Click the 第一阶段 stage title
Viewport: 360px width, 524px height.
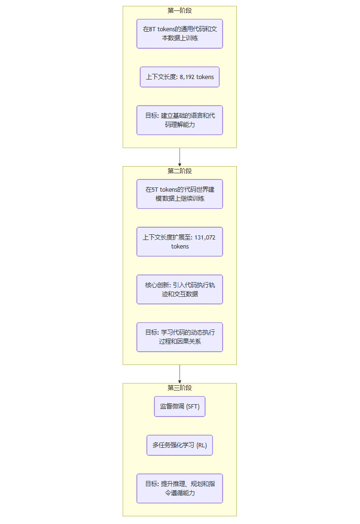click(180, 10)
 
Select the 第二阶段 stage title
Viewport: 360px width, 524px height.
click(180, 171)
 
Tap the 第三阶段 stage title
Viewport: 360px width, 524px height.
click(180, 388)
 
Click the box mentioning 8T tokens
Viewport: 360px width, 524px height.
click(180, 34)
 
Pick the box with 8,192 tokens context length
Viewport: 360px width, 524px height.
click(180, 77)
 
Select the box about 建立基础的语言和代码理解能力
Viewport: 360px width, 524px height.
click(180, 120)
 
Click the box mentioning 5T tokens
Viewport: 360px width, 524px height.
click(180, 194)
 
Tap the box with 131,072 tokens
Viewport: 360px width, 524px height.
click(180, 242)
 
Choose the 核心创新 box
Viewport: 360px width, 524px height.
click(180, 289)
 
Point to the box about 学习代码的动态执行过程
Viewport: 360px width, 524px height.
click(180, 337)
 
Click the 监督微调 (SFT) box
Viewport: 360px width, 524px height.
click(180, 407)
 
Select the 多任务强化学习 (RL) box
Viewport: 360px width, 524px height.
click(180, 445)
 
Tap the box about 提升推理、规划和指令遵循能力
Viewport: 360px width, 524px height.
click(180, 488)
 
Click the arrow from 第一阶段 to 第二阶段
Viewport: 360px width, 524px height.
click(180, 157)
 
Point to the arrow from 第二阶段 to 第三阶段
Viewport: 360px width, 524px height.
click(180, 374)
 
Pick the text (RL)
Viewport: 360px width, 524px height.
click(202, 445)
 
